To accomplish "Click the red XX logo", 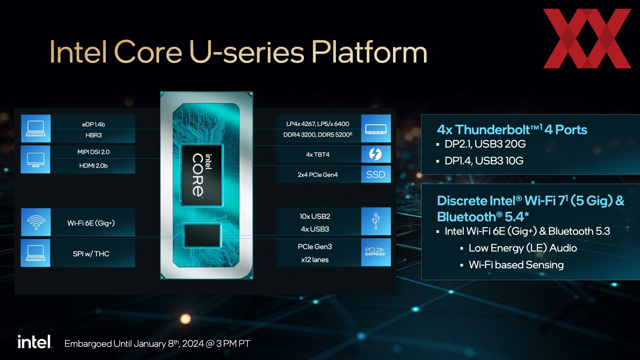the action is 587,39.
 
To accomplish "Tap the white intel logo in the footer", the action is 35,342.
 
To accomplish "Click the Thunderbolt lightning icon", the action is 376,154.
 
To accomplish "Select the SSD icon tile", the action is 376,174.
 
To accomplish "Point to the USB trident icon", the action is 376,221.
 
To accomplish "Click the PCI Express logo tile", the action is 376,252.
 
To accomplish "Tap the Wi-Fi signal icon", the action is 36,222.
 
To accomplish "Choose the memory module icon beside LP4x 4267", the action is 376,129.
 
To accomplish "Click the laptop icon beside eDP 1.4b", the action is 36,129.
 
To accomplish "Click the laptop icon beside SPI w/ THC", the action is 36,253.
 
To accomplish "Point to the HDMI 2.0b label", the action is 93,166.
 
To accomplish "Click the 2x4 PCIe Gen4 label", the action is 318,175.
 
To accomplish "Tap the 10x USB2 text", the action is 315,216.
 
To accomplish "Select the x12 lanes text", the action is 315,260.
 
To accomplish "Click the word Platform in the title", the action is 369,52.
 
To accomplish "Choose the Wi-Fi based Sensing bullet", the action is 516,265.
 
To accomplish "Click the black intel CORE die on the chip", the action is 201,175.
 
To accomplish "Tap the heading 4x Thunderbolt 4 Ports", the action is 512,130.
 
